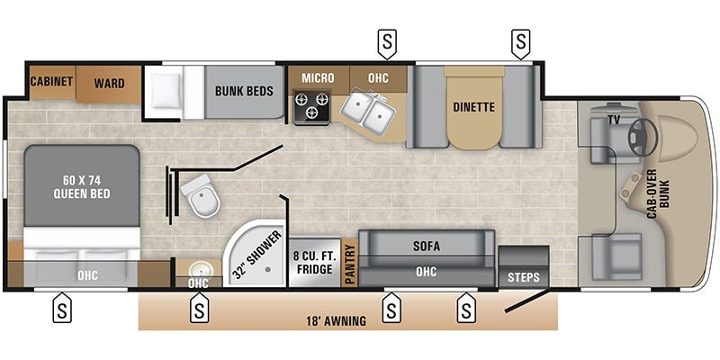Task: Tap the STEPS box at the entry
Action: [x=524, y=276]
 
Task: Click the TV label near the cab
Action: [x=614, y=119]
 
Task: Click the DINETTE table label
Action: [x=473, y=107]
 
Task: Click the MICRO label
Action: [x=318, y=77]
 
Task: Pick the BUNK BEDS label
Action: [x=245, y=90]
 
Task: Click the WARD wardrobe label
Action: [x=109, y=82]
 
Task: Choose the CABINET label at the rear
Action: [x=51, y=82]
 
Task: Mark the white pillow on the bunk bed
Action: [x=167, y=91]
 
